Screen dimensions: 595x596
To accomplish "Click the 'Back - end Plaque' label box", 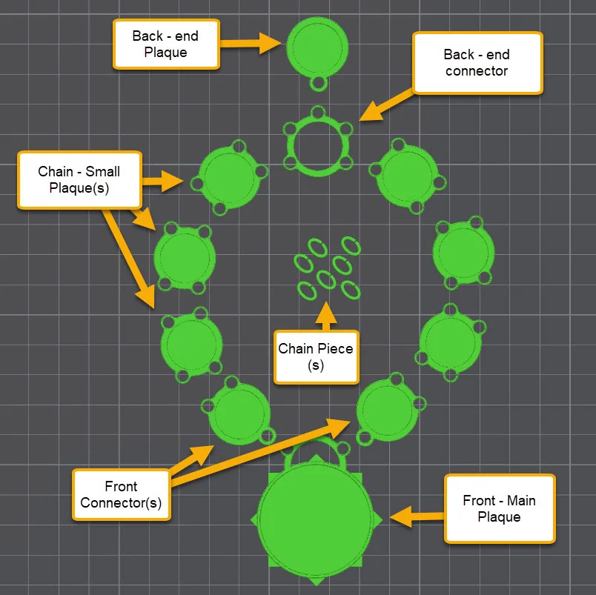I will pos(165,44).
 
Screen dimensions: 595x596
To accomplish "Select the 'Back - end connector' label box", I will pos(477,62).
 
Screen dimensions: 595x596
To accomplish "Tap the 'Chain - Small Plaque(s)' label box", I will pos(79,179).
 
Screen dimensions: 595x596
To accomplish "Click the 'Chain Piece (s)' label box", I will pos(315,356).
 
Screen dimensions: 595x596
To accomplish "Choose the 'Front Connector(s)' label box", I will pos(121,495).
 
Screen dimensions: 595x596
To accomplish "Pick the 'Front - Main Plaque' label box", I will pos(499,508).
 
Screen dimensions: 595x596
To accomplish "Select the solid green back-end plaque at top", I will pos(317,46).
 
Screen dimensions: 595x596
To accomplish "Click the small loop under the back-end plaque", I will pos(319,83).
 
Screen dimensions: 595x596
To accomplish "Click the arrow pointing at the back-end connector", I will pos(385,104).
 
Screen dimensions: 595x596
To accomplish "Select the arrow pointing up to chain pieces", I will pos(324,316).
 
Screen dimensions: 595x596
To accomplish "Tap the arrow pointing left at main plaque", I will pos(415,516).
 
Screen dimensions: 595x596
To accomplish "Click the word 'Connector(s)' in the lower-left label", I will pos(121,503).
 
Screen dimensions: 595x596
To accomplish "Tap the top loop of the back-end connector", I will pos(318,113).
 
